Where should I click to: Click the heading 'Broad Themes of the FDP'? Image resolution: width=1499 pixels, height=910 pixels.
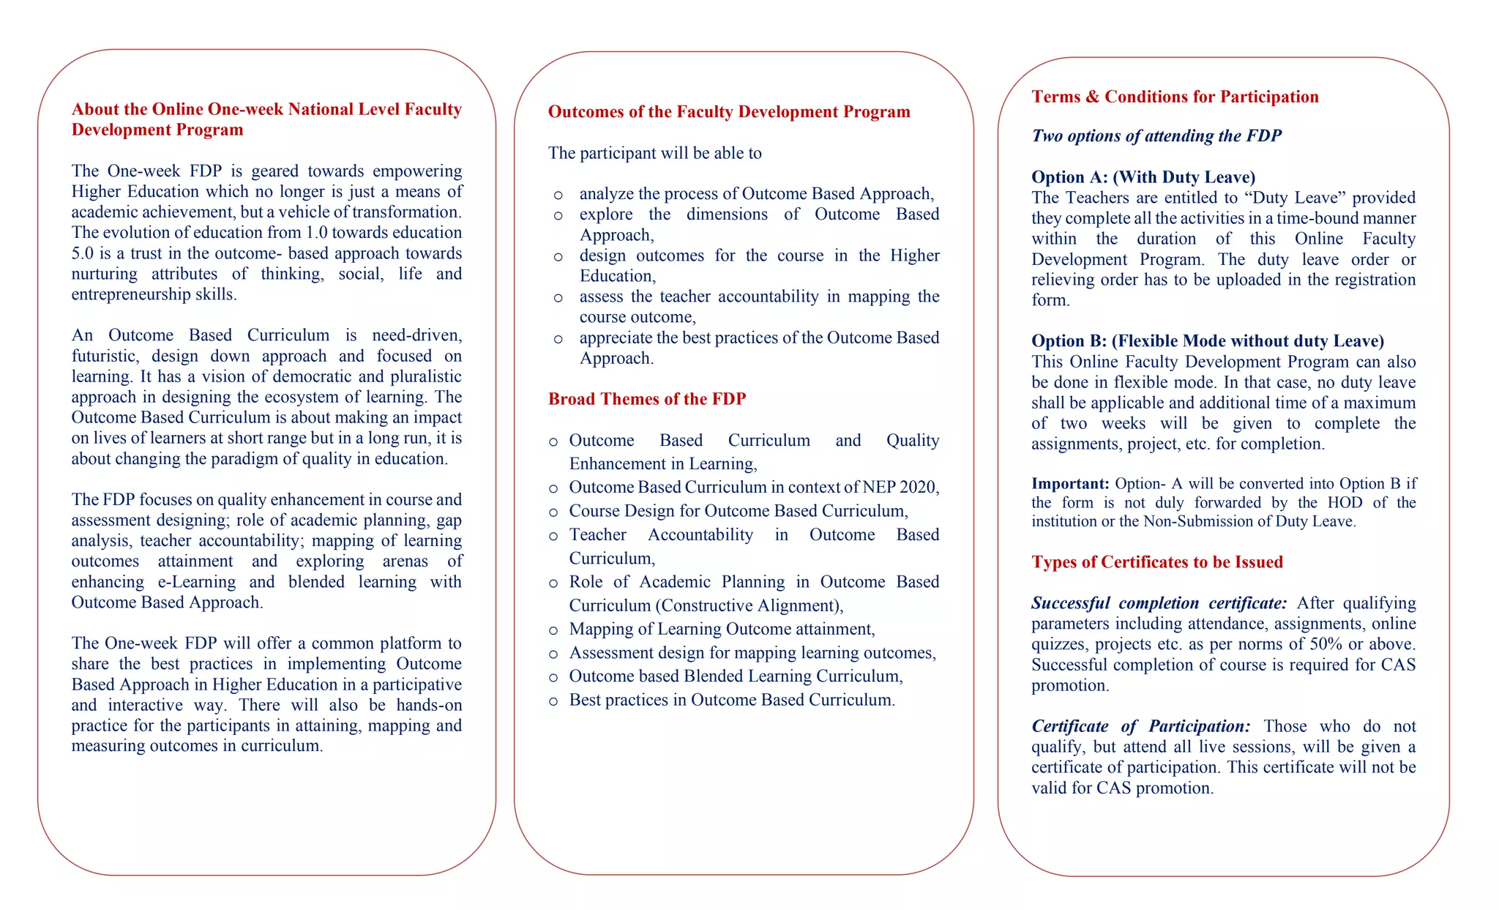click(647, 399)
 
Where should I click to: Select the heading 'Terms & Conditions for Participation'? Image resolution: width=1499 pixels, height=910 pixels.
click(1175, 97)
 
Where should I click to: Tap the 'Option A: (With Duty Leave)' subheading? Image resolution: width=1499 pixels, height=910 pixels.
click(1143, 177)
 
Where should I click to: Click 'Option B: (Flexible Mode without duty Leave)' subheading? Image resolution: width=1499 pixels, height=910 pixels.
click(1208, 341)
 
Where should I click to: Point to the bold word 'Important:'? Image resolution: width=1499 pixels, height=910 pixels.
click(1070, 484)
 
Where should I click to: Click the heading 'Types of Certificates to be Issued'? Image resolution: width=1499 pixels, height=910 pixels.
click(1157, 562)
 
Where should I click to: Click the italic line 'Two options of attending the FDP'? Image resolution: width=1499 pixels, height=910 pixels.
click(1156, 136)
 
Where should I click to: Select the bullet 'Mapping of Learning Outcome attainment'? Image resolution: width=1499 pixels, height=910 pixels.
click(721, 630)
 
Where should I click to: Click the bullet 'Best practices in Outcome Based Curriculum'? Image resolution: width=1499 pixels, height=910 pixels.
click(731, 700)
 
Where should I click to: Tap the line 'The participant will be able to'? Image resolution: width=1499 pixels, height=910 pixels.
click(655, 153)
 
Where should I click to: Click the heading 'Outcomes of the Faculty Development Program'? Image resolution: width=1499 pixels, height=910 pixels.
click(729, 112)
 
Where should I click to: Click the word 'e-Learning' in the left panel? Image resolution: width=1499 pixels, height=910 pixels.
click(197, 582)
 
